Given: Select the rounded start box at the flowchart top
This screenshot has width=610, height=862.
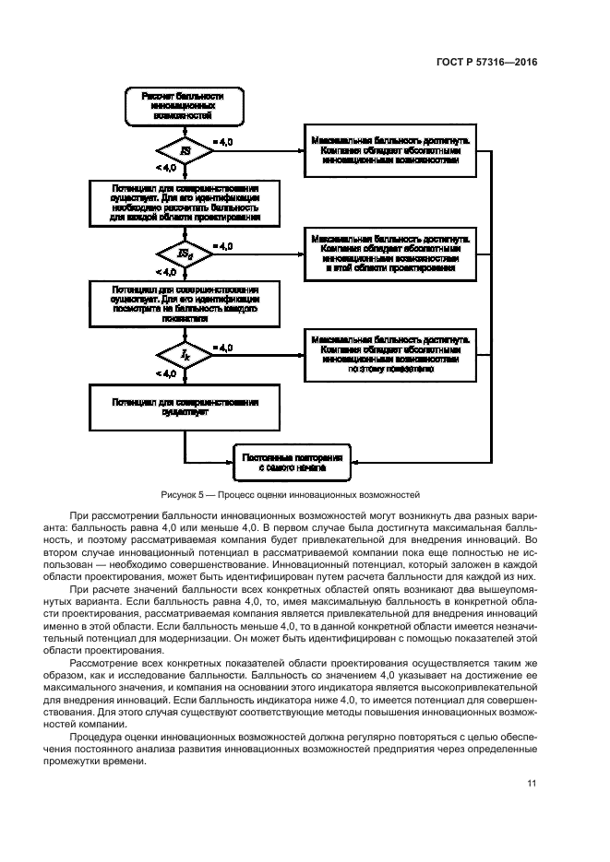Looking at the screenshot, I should [x=185, y=107].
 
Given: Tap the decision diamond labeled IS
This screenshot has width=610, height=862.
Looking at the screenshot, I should [x=185, y=150].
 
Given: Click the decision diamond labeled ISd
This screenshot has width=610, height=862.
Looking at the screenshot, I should [x=185, y=253].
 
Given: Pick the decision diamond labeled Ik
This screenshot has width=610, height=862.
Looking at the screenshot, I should [x=185, y=354].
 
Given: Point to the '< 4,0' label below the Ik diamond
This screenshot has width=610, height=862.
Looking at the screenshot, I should [x=166, y=374].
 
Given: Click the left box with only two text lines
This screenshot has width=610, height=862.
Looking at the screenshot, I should [x=185, y=407].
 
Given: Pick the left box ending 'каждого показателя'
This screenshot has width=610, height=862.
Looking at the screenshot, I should [x=185, y=305].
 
